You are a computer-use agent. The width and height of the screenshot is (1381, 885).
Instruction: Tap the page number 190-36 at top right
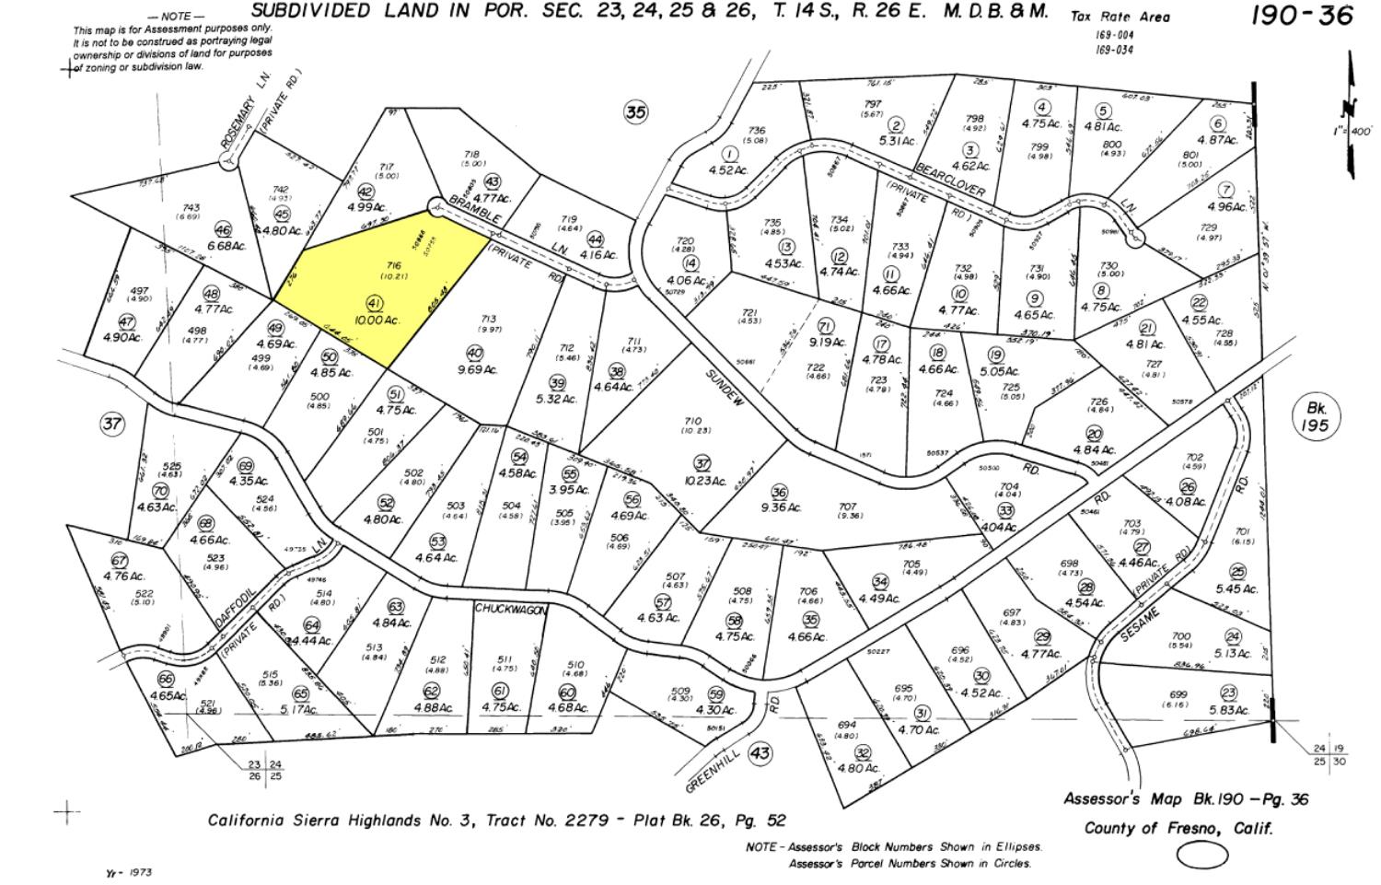click(x=1302, y=16)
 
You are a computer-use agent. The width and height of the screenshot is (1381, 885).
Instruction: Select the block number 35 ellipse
click(x=635, y=112)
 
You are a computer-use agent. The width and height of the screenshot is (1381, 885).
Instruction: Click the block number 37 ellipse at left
click(x=111, y=424)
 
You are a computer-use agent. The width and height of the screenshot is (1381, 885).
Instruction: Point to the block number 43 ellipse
click(x=760, y=753)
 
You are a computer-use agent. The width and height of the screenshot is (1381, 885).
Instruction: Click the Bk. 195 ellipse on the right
click(x=1310, y=416)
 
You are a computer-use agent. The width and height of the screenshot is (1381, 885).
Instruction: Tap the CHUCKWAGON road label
click(x=512, y=610)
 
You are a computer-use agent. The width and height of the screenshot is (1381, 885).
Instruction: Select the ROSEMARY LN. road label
click(x=236, y=127)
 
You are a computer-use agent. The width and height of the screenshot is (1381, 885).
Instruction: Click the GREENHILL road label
click(x=710, y=765)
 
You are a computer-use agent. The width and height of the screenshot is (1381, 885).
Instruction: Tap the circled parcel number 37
click(x=702, y=463)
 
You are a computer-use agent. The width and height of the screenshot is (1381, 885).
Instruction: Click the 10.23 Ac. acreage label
click(x=703, y=480)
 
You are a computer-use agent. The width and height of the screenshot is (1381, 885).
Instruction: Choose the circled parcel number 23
click(x=1228, y=693)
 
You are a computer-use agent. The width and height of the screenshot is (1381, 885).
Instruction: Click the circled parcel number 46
click(x=223, y=230)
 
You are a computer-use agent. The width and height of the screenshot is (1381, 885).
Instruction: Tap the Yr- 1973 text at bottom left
click(x=129, y=871)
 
